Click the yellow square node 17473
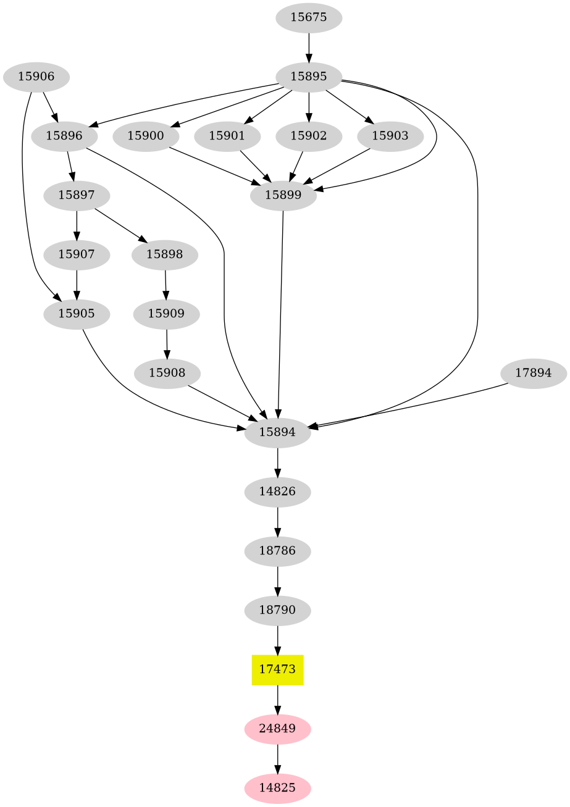(x=277, y=669)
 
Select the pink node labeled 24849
(x=277, y=729)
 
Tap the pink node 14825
(x=277, y=788)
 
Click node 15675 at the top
(x=308, y=17)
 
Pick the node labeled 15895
(x=308, y=77)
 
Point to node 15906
(x=36, y=77)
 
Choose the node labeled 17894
(x=533, y=374)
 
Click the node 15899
(x=283, y=196)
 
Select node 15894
(x=277, y=433)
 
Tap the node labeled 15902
(x=308, y=136)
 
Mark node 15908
(x=166, y=374)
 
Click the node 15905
(x=77, y=314)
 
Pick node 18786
(x=277, y=551)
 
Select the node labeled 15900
(x=146, y=136)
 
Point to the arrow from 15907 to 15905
(x=77, y=284)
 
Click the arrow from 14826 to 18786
(x=277, y=522)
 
